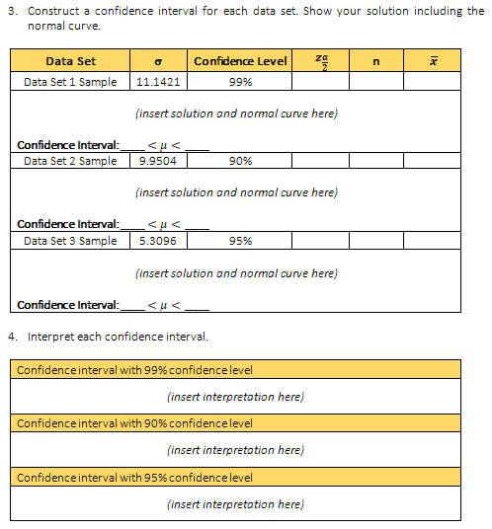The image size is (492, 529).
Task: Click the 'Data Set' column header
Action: point(70,61)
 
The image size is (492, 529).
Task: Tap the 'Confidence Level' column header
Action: point(240,61)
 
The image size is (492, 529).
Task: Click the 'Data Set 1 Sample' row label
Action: point(70,81)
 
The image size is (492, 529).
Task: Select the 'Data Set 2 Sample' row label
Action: point(70,160)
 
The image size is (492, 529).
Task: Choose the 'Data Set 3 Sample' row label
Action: point(70,240)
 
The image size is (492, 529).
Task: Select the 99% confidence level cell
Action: point(241,81)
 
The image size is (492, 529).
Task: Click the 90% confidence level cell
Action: point(241,160)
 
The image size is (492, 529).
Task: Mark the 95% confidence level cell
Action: point(241,240)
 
